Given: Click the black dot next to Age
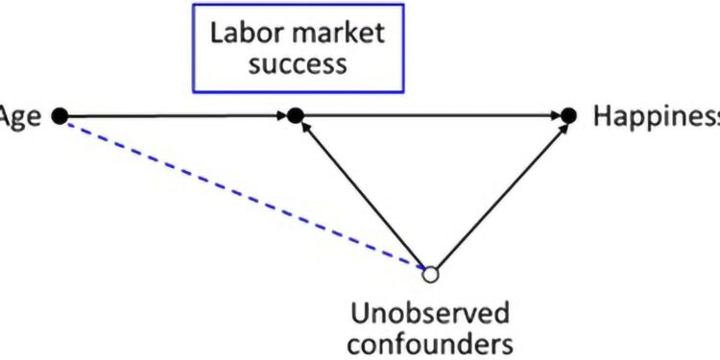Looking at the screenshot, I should (60, 116).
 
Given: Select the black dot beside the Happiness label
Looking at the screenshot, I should (568, 116).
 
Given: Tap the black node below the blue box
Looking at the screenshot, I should (296, 116).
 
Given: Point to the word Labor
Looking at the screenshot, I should (240, 35).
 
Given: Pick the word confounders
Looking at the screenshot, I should (431, 343).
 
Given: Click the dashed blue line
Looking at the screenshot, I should (240, 193).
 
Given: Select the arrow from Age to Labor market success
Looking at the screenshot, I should (173, 116).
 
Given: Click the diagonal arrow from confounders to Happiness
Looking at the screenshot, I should (499, 198).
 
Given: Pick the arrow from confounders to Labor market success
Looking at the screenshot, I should (365, 197).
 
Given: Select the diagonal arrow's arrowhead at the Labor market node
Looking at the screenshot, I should (303, 127).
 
